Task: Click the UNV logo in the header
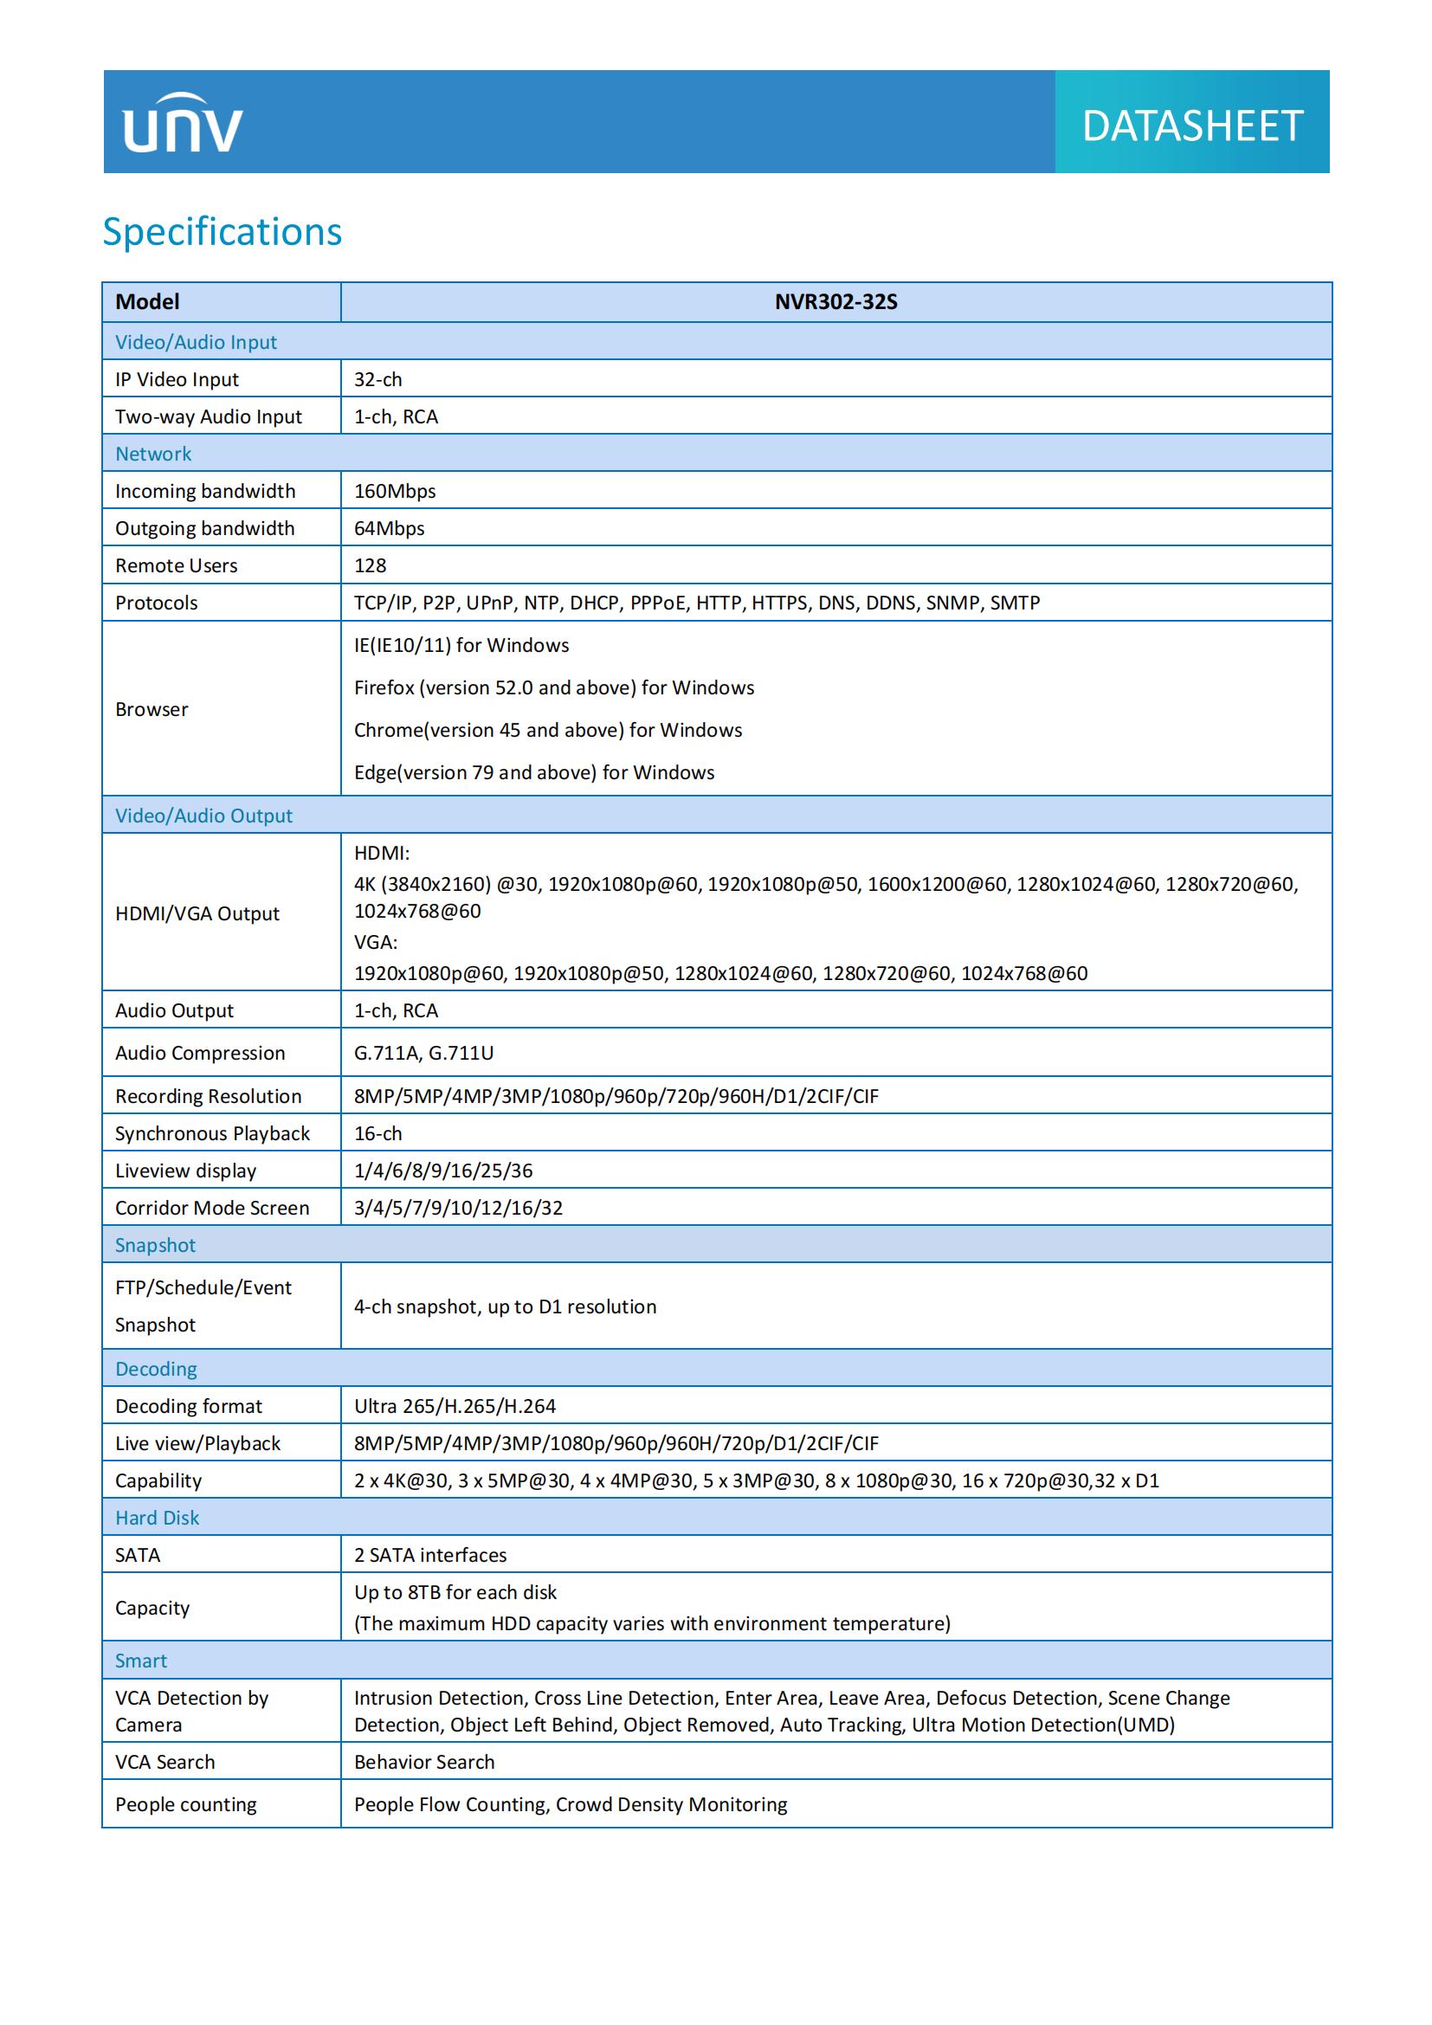(x=183, y=124)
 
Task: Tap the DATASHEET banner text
(x=1191, y=126)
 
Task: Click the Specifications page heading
(x=223, y=232)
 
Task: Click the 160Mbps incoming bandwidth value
(x=395, y=491)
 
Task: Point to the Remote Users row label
(x=177, y=565)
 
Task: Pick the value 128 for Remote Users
(x=371, y=565)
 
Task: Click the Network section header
(x=153, y=455)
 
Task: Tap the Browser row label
(x=152, y=709)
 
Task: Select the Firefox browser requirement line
(x=554, y=688)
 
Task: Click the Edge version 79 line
(x=534, y=772)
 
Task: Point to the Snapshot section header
(x=155, y=1245)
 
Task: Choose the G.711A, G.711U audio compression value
(x=424, y=1053)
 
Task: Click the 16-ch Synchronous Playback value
(x=378, y=1133)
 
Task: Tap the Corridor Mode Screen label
(x=212, y=1209)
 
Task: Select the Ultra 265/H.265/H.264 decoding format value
(x=455, y=1406)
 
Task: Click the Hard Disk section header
(x=157, y=1518)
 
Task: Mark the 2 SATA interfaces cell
(x=430, y=1555)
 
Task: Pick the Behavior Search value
(x=424, y=1762)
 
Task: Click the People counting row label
(x=186, y=1804)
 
